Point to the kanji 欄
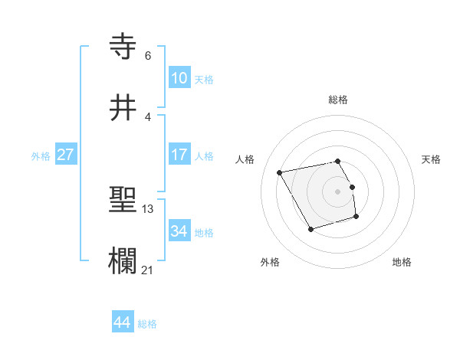tap(123, 261)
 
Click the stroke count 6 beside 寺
tap(148, 56)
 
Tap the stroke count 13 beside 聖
tap(148, 209)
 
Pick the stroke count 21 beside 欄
tap(148, 269)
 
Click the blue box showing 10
tap(179, 78)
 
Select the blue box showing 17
tap(179, 155)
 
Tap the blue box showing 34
tap(179, 231)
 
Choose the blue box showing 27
tap(65, 155)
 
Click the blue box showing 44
tap(122, 322)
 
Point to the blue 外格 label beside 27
tap(41, 156)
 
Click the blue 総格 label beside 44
tap(147, 324)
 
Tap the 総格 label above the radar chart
tap(338, 100)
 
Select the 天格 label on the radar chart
tap(432, 159)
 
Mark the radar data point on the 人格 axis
tap(280, 172)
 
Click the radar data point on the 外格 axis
tap(310, 229)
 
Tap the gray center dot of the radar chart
tap(338, 191)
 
